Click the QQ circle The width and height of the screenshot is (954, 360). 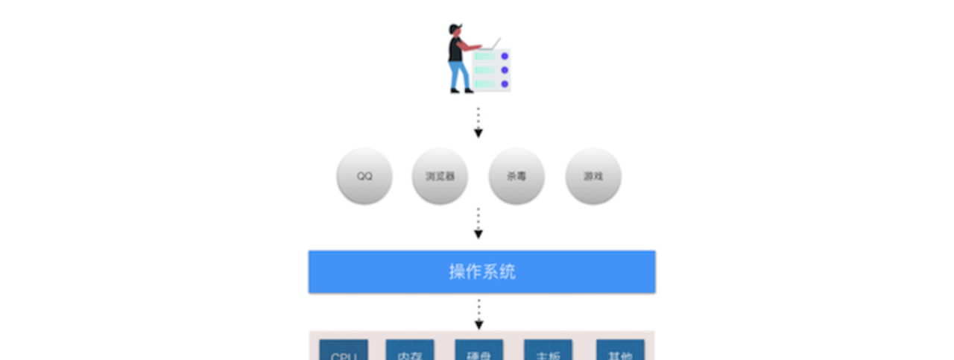(364, 177)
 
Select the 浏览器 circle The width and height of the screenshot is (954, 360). (440, 177)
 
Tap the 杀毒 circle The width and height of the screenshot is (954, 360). (517, 177)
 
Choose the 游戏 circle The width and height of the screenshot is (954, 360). (593, 177)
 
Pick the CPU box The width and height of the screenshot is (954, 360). (344, 351)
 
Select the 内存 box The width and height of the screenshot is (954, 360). (410, 351)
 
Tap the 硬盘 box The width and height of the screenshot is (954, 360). (479, 351)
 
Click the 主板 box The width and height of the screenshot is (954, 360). (548, 351)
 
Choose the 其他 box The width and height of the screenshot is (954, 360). (620, 351)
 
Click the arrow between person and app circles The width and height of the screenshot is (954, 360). (478, 123)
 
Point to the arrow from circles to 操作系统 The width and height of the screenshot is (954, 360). (478, 223)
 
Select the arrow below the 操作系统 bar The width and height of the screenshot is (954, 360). (478, 315)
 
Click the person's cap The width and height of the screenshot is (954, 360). (454, 28)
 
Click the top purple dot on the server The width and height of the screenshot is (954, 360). (505, 56)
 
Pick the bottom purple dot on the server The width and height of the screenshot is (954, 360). (505, 83)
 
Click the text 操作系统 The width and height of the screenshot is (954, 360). (481, 271)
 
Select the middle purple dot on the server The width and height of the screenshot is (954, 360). (505, 69)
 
